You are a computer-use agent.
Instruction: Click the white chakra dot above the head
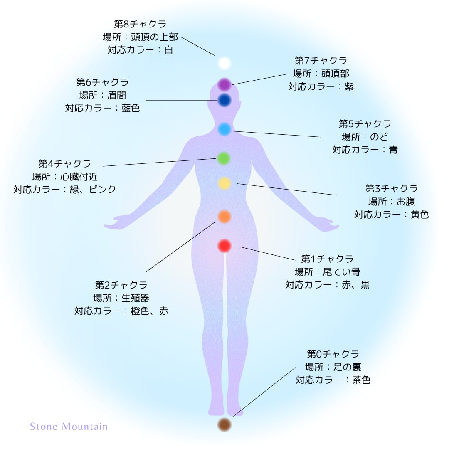(224, 63)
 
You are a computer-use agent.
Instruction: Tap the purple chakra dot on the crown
(224, 85)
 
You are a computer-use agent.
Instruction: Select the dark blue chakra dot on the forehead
(224, 100)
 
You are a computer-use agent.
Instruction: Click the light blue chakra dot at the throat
(224, 129)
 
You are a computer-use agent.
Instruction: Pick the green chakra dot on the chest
(224, 158)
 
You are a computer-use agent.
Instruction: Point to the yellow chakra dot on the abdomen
(224, 183)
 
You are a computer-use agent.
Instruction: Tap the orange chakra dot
(224, 216)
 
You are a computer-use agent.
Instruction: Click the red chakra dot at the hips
(224, 246)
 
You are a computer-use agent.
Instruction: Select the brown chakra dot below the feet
(224, 424)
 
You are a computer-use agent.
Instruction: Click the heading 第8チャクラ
(140, 24)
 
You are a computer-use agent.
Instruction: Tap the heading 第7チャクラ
(321, 61)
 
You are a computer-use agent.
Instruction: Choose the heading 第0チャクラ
(333, 354)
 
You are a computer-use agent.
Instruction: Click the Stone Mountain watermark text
(69, 427)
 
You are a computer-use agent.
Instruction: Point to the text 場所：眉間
(102, 95)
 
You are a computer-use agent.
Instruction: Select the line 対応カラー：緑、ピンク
(65, 189)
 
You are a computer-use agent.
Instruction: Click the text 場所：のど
(365, 137)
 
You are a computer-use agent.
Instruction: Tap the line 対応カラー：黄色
(391, 215)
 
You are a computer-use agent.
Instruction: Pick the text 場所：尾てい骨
(327, 272)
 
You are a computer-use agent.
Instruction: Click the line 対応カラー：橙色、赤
(121, 311)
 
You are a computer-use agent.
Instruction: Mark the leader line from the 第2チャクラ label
(180, 247)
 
